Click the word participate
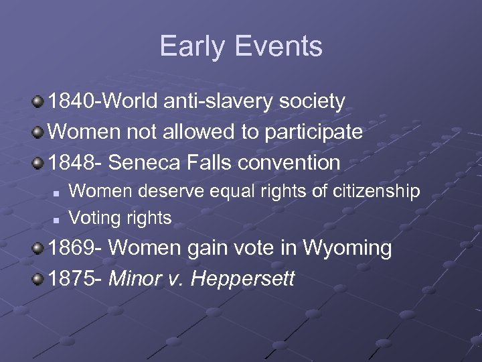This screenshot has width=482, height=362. point(314,132)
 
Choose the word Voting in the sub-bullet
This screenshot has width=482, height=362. point(92,218)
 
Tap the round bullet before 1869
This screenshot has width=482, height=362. point(39,249)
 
